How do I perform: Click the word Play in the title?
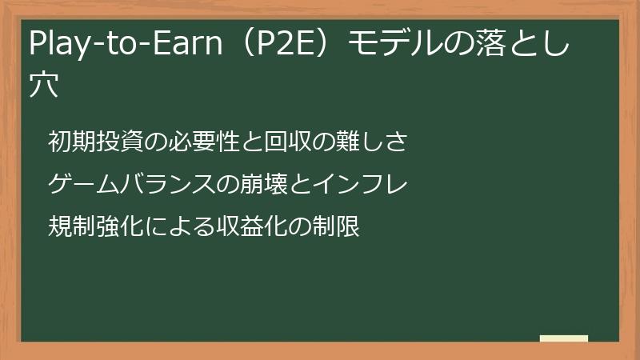57,46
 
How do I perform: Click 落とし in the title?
525,46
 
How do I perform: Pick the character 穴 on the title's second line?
44,85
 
